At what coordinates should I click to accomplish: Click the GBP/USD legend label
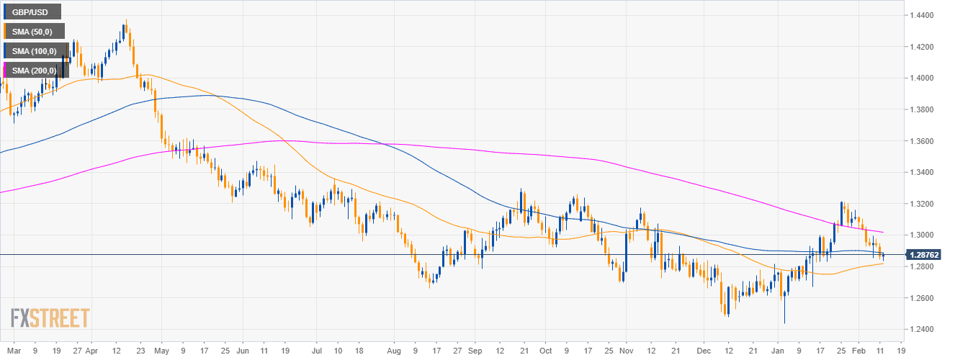click(31, 12)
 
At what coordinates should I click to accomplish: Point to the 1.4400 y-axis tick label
click(923, 15)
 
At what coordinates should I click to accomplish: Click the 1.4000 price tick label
click(923, 78)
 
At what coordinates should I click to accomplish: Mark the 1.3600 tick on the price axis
click(923, 141)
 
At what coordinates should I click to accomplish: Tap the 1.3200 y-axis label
click(923, 204)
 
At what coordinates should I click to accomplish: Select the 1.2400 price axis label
click(923, 330)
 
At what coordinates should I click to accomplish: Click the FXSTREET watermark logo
click(50, 318)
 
